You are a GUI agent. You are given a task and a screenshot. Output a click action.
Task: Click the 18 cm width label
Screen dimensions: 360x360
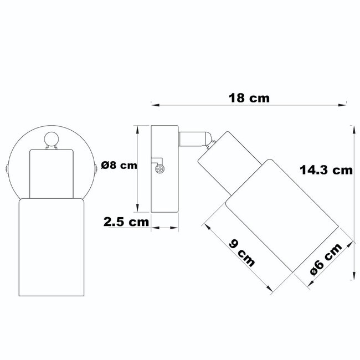pyautogui.click(x=249, y=99)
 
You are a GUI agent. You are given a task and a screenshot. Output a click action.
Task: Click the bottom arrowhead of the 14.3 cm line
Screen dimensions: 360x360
pyautogui.click(x=353, y=274)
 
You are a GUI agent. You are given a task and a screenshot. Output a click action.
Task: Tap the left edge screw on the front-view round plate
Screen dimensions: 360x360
pyautogui.click(x=7, y=167)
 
